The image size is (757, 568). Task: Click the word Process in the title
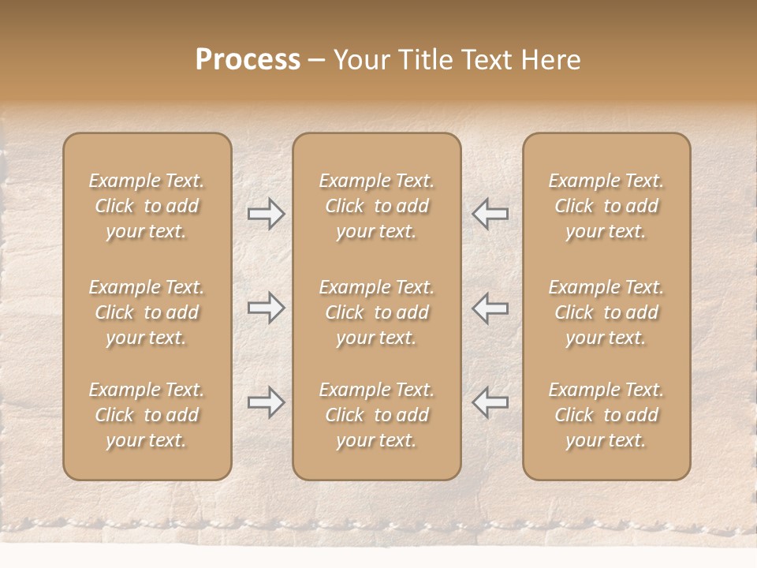pyautogui.click(x=248, y=60)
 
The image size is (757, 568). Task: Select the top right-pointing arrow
pyautogui.click(x=267, y=214)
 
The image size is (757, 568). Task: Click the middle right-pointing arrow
pyautogui.click(x=267, y=308)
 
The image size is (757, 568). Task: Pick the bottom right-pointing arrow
pyautogui.click(x=267, y=402)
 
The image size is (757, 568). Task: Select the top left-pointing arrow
pyautogui.click(x=490, y=214)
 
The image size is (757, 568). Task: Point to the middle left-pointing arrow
pyautogui.click(x=490, y=308)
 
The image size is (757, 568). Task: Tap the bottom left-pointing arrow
pyautogui.click(x=490, y=402)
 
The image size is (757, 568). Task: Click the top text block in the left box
pyautogui.click(x=147, y=206)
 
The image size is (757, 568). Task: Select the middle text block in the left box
pyautogui.click(x=147, y=312)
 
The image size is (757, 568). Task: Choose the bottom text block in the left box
pyautogui.click(x=147, y=415)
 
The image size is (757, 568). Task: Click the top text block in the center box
pyautogui.click(x=376, y=206)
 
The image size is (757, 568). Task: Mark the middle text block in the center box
pyautogui.click(x=376, y=312)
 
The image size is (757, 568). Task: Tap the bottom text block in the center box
pyautogui.click(x=376, y=415)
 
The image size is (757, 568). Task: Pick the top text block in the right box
pyautogui.click(x=606, y=206)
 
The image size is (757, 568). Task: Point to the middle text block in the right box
pyautogui.click(x=606, y=312)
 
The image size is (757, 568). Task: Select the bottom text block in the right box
pyautogui.click(x=606, y=415)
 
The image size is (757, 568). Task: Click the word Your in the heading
pyautogui.click(x=360, y=60)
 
